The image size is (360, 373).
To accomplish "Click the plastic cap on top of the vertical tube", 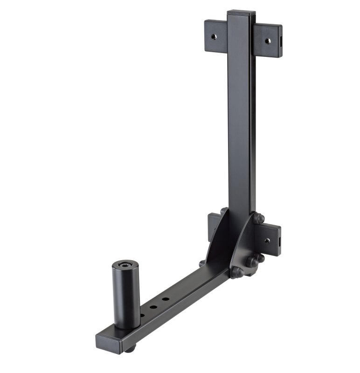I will point(241,13).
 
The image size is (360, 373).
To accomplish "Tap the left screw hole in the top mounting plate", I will point(214,36).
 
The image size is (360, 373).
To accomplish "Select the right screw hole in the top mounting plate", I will point(268,41).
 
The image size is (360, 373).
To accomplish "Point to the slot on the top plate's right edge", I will point(281,42).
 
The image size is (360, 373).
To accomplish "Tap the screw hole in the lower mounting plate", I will point(267,241).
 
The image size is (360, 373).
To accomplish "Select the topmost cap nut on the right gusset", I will point(259,218).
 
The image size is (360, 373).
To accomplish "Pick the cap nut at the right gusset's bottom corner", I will point(236,272).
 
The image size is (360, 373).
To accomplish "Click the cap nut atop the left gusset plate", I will point(224,211).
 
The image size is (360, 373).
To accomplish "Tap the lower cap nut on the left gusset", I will point(202,263).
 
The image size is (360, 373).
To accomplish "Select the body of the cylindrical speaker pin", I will point(125,296).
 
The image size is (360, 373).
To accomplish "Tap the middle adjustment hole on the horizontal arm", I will point(153,307).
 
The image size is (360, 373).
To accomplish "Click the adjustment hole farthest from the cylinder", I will point(165,299).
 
